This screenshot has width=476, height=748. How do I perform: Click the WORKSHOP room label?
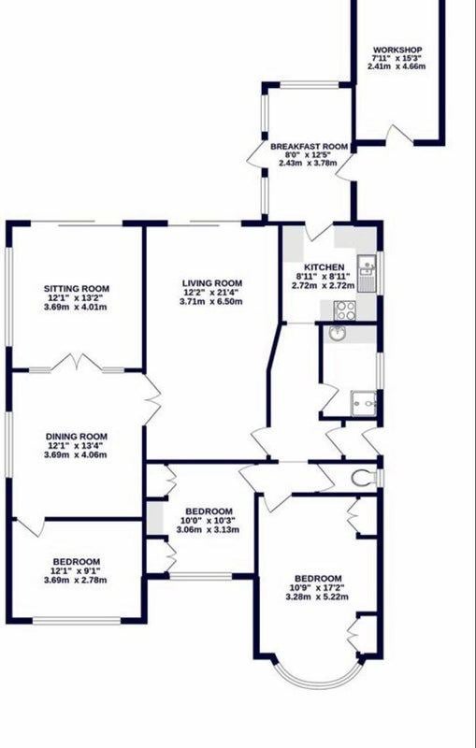397,50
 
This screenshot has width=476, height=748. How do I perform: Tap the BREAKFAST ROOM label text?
309,147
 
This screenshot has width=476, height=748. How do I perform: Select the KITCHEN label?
325,267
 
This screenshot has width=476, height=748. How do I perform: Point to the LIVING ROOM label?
210,283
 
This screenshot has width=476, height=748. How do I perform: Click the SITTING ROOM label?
77,289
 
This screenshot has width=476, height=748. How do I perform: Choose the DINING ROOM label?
77,437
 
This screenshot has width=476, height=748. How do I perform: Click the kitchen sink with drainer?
367,273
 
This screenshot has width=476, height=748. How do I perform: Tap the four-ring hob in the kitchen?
344,310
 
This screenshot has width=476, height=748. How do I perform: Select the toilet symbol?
365,478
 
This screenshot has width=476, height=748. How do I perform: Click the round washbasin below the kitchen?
339,334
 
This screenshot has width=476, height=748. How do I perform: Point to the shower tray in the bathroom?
364,404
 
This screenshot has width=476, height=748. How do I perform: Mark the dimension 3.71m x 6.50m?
210,301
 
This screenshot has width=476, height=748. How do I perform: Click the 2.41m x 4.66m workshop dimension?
397,66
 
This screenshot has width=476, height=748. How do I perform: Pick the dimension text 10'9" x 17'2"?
317,588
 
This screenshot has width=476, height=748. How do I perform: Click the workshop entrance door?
399,134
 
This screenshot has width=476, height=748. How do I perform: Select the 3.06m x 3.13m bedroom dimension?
208,529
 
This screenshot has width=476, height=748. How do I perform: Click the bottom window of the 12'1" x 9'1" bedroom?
77,621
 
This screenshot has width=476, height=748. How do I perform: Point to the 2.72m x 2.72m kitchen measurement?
324,285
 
